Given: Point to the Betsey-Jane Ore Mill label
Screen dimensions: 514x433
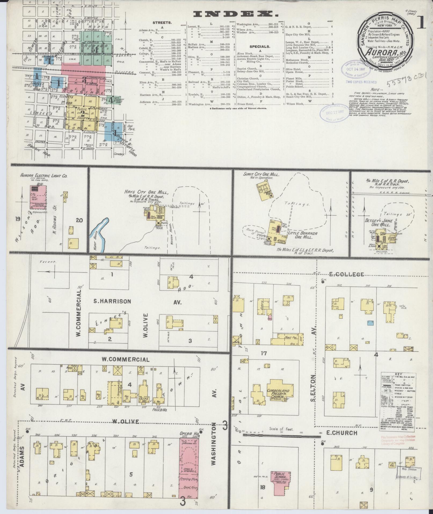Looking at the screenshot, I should click(x=382, y=223).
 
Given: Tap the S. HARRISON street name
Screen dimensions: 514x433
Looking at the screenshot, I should click(x=112, y=301).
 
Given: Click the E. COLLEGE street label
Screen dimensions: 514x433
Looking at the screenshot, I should click(x=347, y=274).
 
